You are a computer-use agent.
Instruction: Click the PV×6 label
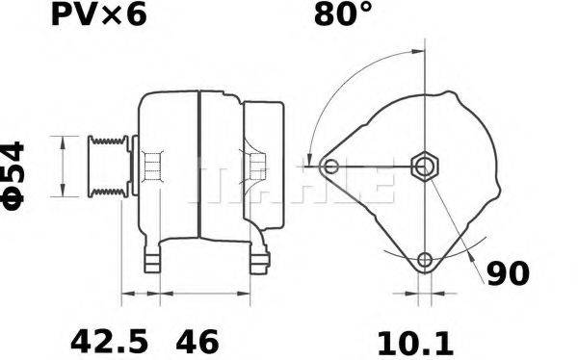click(96, 16)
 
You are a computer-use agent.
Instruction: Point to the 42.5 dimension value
click(110, 341)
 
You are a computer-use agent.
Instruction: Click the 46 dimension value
click(197, 341)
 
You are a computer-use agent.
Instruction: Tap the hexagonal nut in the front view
click(425, 167)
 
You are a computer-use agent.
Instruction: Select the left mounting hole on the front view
click(332, 167)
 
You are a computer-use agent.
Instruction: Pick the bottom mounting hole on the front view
click(425, 260)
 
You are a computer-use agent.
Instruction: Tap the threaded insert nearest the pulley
click(150, 167)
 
